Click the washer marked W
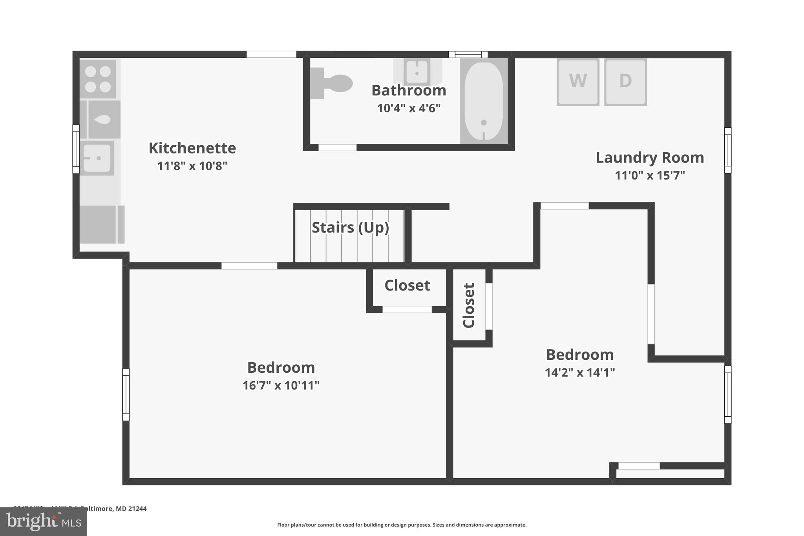[577, 82]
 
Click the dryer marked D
[625, 82]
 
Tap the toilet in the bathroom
[332, 83]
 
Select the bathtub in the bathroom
[484, 101]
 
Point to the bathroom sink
[417, 71]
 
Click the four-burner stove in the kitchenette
[98, 79]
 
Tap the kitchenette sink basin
[97, 158]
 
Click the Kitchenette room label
[192, 148]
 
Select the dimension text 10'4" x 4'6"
[409, 108]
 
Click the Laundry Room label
[650, 157]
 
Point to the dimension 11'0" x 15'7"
[650, 175]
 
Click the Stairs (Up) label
[350, 227]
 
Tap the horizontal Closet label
[407, 285]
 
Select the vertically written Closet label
[469, 305]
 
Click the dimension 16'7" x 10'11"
[281, 385]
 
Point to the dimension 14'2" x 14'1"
[579, 372]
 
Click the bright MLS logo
[44, 521]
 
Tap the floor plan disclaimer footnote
[402, 525]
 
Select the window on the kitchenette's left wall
[76, 149]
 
